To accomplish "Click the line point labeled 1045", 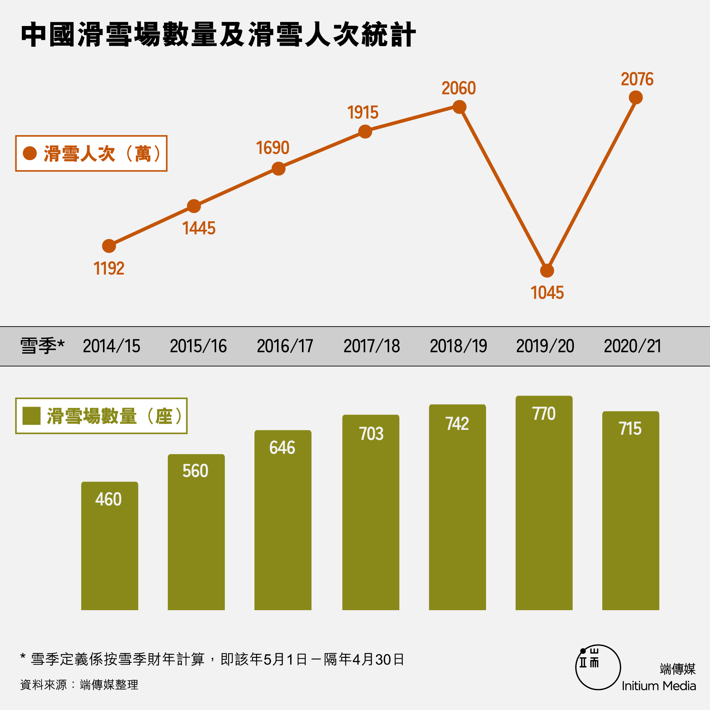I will click(x=547, y=271).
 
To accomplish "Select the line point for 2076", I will click(x=636, y=98).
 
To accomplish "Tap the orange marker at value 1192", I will click(x=109, y=246).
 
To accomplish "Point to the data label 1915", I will click(x=363, y=112).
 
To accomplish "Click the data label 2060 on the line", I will click(x=459, y=88).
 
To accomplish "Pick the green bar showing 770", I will click(x=544, y=507).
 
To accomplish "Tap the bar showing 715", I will click(x=631, y=514).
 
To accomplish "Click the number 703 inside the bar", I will click(x=371, y=434).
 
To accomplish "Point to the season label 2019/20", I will click(x=545, y=346).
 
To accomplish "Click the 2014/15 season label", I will click(x=111, y=346).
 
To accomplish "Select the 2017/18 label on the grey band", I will click(x=372, y=346).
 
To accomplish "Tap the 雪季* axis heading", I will click(x=42, y=346).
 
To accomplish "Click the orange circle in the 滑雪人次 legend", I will click(x=30, y=153).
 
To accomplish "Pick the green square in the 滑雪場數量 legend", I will click(x=31, y=416).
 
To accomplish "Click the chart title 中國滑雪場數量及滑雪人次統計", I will click(x=218, y=35).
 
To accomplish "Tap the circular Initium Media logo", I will click(x=598, y=667).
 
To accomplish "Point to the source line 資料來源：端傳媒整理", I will click(x=79, y=685).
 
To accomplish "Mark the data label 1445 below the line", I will click(x=199, y=228).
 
